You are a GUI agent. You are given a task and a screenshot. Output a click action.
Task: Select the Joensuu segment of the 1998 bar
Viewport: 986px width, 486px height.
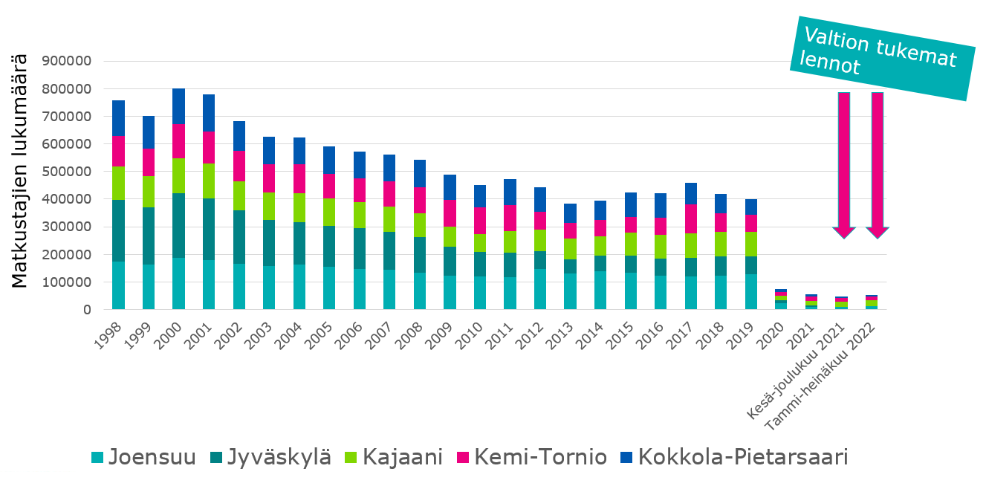coord(118,285)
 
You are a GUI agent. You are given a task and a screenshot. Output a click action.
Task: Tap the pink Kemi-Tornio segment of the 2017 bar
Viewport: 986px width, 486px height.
coord(691,219)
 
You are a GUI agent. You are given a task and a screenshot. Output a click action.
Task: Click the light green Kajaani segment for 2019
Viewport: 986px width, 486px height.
coord(751,244)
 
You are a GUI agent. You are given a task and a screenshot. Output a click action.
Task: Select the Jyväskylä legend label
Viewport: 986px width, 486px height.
coord(268,456)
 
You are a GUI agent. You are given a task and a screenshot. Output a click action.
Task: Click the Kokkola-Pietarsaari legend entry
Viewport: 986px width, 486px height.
coord(733,456)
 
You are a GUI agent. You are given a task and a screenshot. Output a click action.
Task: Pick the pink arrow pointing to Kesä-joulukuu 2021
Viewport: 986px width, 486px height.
coord(844,163)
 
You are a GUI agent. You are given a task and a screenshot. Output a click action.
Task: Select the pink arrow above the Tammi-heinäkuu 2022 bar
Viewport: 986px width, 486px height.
coord(877,163)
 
